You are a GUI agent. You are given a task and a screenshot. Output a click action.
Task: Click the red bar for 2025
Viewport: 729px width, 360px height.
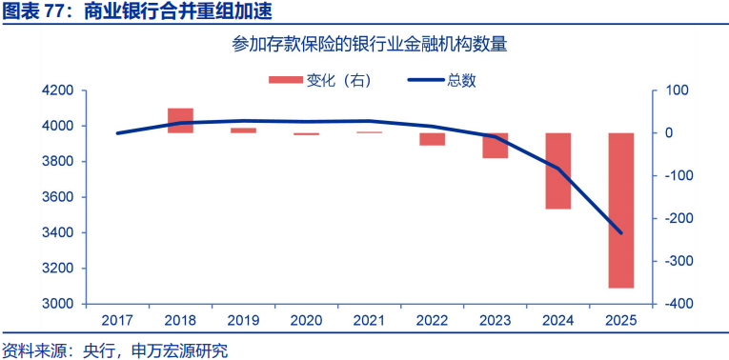pyautogui.click(x=621, y=210)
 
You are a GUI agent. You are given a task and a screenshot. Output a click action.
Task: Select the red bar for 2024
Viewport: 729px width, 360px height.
pyautogui.click(x=558, y=170)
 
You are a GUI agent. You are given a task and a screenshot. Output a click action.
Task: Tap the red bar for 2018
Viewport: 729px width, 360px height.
pyautogui.click(x=181, y=120)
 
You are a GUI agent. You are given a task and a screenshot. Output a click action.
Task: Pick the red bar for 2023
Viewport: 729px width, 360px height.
pyautogui.click(x=496, y=145)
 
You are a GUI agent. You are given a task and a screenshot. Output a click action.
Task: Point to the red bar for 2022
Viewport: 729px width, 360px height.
pyautogui.click(x=433, y=139)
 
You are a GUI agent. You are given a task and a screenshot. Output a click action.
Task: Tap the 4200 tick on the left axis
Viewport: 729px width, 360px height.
pyautogui.click(x=58, y=90)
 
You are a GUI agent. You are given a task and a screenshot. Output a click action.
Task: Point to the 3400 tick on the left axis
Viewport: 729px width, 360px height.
pyautogui.click(x=58, y=232)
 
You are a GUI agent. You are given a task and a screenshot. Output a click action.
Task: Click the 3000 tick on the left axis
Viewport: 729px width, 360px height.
pyautogui.click(x=58, y=304)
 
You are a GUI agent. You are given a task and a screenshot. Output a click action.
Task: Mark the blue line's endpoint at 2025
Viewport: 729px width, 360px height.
pyautogui.click(x=621, y=233)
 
